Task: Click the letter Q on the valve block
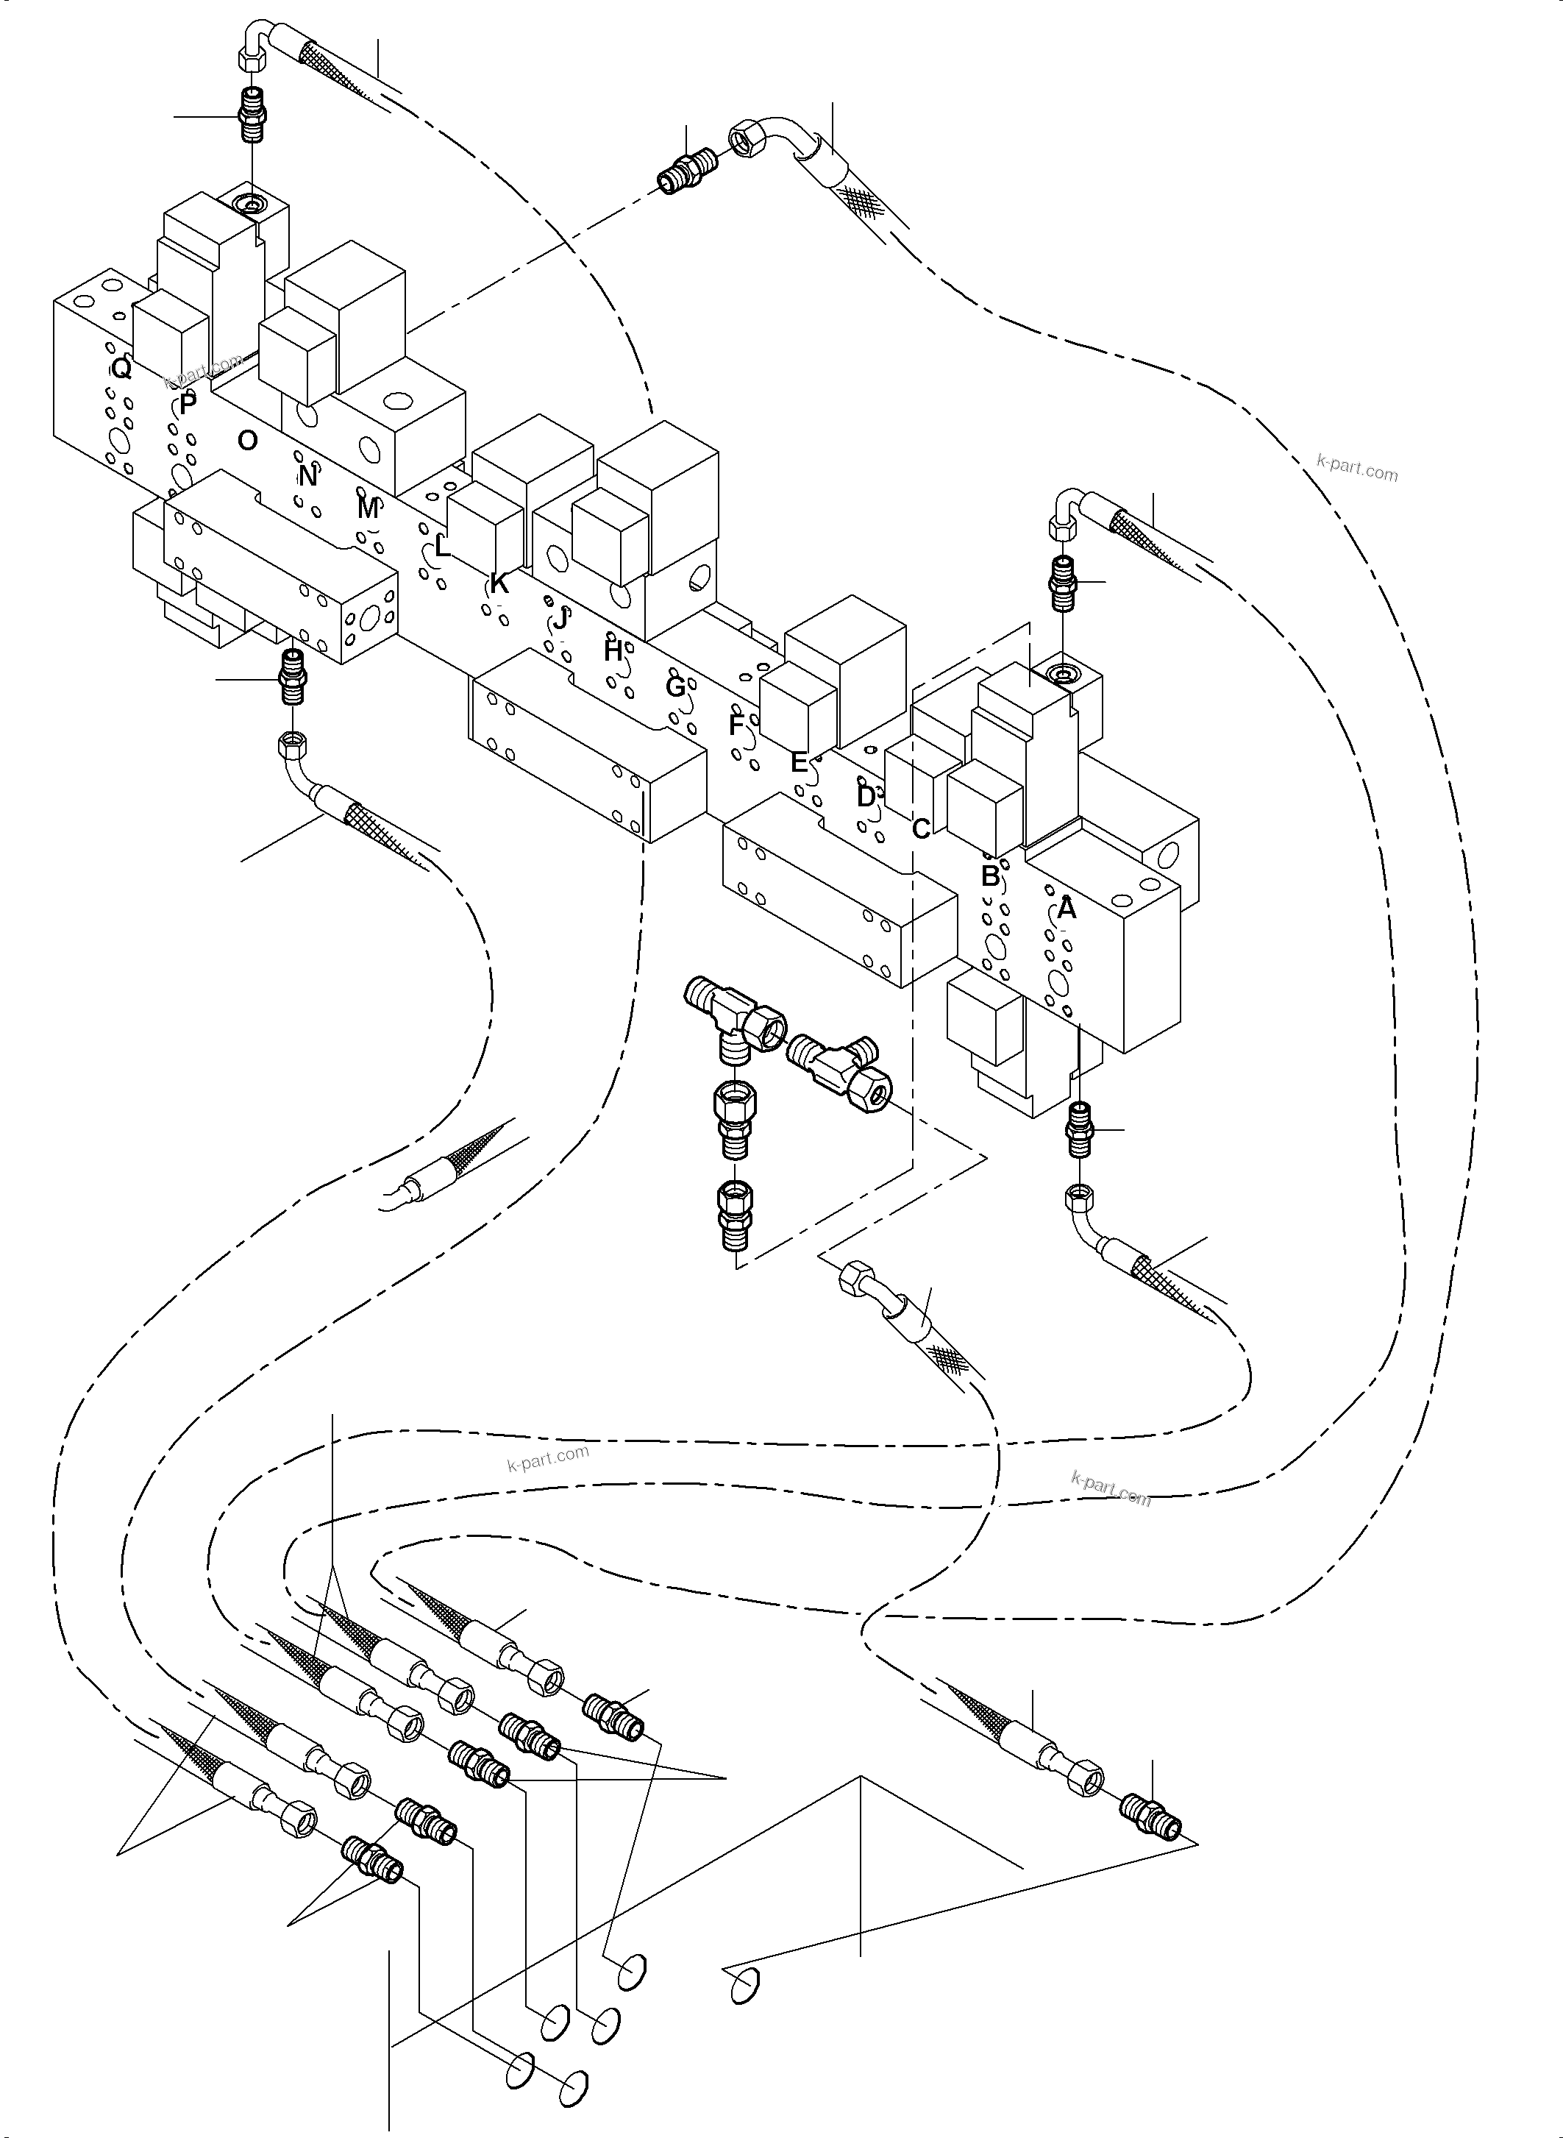click(121, 368)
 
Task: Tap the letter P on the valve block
click(188, 404)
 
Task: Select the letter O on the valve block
click(247, 440)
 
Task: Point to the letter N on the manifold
click(307, 476)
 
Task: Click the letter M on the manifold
click(368, 509)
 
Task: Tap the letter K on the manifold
click(499, 584)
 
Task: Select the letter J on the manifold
click(561, 620)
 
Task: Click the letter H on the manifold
click(613, 651)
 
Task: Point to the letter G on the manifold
click(674, 687)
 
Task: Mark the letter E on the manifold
click(800, 762)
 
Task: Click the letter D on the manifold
click(865, 797)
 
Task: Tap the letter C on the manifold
click(921, 829)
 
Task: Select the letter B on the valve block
click(989, 876)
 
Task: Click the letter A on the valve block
click(1067, 909)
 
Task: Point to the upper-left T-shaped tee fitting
click(733, 1015)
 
